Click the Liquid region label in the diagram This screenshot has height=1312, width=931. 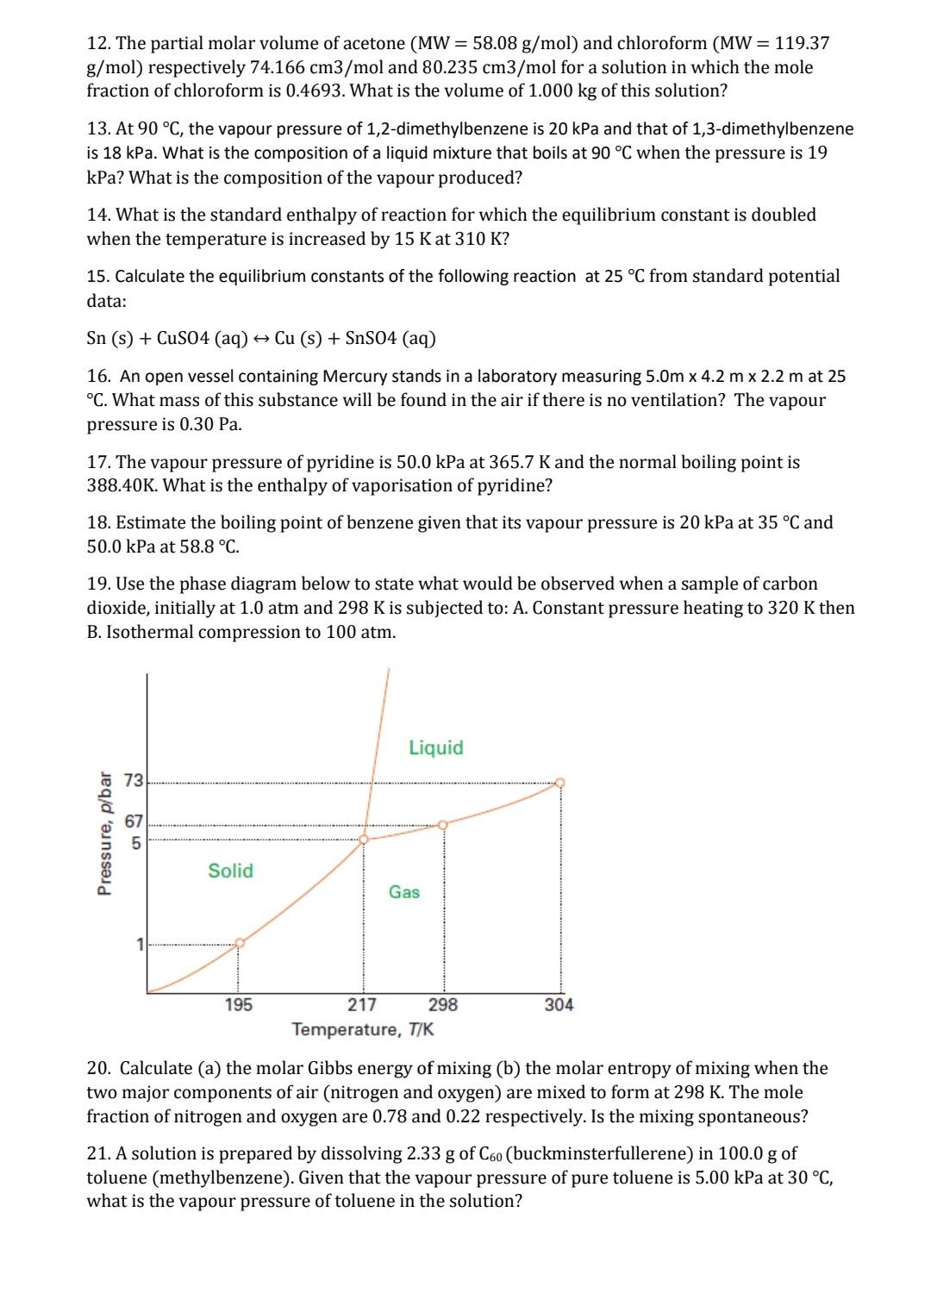click(x=435, y=747)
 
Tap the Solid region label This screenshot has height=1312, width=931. click(x=230, y=871)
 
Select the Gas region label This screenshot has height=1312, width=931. click(x=404, y=892)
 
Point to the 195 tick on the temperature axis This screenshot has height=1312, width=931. click(x=238, y=1004)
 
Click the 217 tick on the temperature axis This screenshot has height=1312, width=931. click(x=361, y=1004)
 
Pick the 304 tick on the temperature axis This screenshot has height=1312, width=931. click(x=559, y=1004)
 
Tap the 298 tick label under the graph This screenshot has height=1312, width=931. click(x=443, y=1004)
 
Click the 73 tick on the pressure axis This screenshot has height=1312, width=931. click(x=134, y=781)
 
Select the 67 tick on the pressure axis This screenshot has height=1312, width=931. click(x=134, y=821)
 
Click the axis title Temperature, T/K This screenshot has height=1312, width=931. click(x=363, y=1029)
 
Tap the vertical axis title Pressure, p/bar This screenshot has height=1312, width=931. click(x=105, y=833)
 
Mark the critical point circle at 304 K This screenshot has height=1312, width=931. click(x=559, y=783)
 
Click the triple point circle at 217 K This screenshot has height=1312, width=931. click(x=363, y=839)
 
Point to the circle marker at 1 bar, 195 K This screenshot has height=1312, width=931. click(x=240, y=943)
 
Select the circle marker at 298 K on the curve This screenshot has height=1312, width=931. click(x=443, y=825)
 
